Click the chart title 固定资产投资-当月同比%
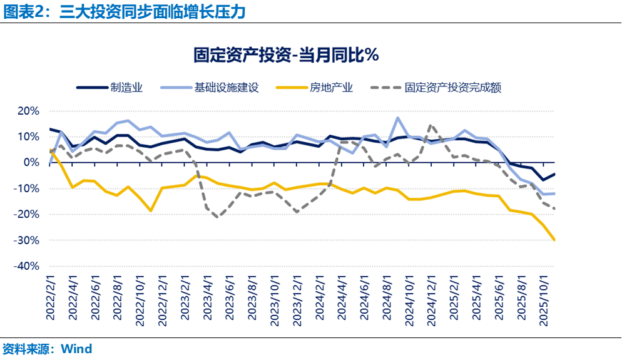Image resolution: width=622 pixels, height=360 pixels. (286, 55)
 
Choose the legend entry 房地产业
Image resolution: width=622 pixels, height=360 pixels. (332, 87)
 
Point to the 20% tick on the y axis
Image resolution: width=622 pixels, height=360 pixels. (28, 111)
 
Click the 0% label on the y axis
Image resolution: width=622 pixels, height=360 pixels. (31, 163)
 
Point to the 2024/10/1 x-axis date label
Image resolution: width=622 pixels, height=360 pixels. (409, 301)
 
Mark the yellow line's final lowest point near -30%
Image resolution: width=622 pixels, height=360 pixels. (554, 240)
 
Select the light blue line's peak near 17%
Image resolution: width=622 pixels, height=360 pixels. (397, 118)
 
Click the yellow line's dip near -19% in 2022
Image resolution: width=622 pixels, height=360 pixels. (151, 211)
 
